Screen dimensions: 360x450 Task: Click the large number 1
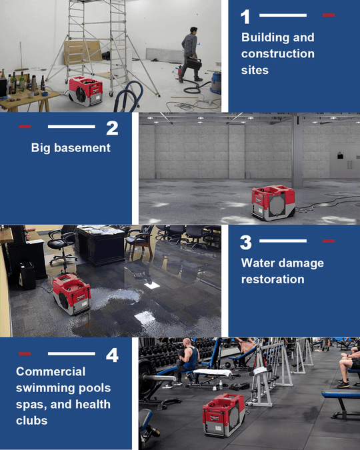click(x=245, y=17)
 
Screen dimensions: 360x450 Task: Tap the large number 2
click(x=112, y=128)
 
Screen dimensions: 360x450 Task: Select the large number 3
click(x=246, y=243)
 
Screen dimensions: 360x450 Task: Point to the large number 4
click(x=112, y=355)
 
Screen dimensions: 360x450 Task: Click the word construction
click(x=278, y=54)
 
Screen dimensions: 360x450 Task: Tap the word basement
click(x=82, y=148)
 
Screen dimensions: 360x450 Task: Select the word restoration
click(x=273, y=279)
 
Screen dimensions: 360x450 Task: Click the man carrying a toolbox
click(x=191, y=55)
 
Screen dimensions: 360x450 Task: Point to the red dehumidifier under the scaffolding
click(x=85, y=91)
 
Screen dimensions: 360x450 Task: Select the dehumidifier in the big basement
click(x=273, y=203)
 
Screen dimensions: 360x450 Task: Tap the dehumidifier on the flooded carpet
click(x=71, y=294)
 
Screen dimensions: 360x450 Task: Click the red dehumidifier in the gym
click(x=223, y=415)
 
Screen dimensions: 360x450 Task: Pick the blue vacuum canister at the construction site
click(x=216, y=83)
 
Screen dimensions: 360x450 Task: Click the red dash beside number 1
click(x=329, y=15)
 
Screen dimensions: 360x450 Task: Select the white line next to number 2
click(x=71, y=127)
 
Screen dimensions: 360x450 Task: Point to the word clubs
click(x=32, y=421)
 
